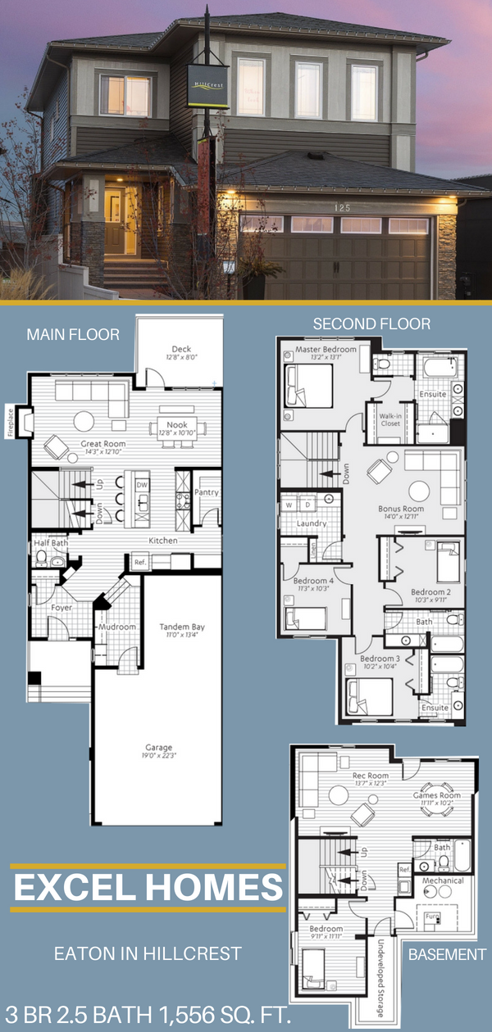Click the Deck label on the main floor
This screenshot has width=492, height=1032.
[x=182, y=348]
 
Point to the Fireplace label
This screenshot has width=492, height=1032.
[x=11, y=422]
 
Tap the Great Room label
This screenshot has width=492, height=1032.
[x=102, y=443]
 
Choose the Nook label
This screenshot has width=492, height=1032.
[x=177, y=425]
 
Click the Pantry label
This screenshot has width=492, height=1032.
[x=207, y=492]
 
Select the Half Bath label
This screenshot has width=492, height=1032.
[x=50, y=543]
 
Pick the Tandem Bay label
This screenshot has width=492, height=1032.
[x=182, y=627]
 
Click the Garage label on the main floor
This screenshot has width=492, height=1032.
[x=159, y=747]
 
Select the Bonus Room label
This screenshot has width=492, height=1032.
[x=401, y=508]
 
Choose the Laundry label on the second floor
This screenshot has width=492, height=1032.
[x=312, y=523]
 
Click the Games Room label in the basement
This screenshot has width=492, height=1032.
[x=440, y=794]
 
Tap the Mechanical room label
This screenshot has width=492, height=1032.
[x=443, y=880]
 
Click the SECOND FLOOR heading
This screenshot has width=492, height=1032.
[x=371, y=324]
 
